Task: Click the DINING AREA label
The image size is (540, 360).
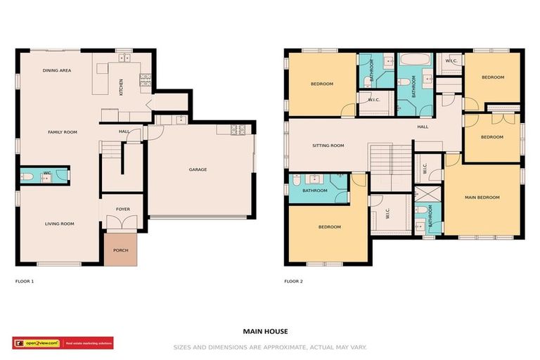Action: click(57, 70)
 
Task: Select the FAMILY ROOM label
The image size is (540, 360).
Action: click(62, 131)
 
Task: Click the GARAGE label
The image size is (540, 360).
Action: click(198, 169)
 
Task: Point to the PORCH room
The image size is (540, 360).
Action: click(120, 250)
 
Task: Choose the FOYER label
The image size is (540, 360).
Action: click(122, 209)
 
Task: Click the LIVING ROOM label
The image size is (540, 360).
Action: click(60, 224)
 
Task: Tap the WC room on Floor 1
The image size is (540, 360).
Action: click(44, 175)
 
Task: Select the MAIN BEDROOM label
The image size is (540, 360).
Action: click(482, 198)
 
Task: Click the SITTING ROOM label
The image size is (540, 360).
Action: click(328, 146)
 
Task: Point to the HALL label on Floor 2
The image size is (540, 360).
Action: click(423, 127)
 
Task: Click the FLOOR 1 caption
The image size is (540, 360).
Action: click(25, 281)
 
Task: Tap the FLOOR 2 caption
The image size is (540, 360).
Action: click(293, 281)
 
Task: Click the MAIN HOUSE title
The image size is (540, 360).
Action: click(265, 330)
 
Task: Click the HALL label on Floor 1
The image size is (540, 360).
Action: click(124, 131)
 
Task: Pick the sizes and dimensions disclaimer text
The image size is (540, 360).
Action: click(270, 347)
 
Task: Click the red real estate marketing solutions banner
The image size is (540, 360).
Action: click(88, 343)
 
